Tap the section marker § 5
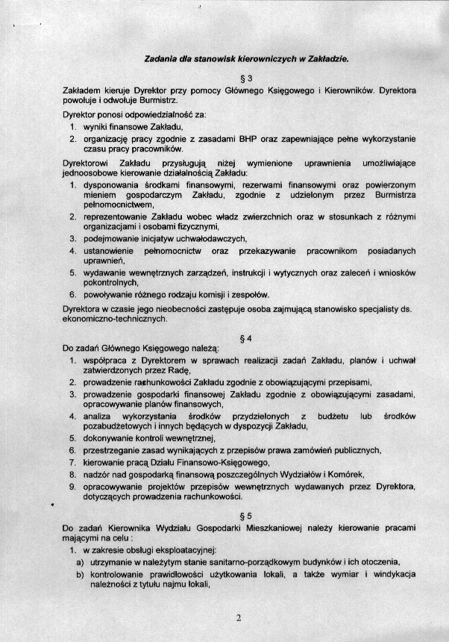pos(239,515)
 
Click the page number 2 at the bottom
pos(239,617)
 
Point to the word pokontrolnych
pos(110,283)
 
